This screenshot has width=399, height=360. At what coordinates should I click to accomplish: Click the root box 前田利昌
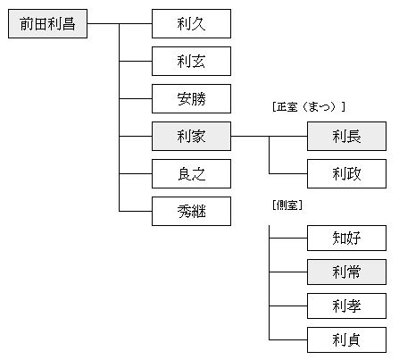tap(48, 24)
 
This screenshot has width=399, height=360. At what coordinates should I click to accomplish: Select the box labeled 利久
tap(191, 24)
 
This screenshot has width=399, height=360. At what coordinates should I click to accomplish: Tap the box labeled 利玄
tap(191, 62)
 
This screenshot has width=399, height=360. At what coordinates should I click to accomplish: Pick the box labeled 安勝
tap(191, 98)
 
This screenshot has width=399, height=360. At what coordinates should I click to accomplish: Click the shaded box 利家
tap(191, 136)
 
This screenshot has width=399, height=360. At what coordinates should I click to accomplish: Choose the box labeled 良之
tap(191, 172)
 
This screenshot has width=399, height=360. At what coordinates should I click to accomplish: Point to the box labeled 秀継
tap(191, 211)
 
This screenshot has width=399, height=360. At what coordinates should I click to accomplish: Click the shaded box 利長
tap(346, 136)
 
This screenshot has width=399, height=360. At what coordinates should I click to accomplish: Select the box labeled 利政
tap(346, 172)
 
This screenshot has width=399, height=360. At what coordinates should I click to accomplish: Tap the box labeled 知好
tap(346, 238)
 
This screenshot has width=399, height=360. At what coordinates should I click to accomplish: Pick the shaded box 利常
tap(346, 272)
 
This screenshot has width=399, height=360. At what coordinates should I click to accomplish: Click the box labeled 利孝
tap(346, 306)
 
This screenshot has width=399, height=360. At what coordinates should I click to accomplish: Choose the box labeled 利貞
tap(346, 340)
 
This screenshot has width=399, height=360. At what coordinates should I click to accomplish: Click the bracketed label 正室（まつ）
tap(308, 106)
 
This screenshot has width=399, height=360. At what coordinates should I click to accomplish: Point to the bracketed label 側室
tap(287, 206)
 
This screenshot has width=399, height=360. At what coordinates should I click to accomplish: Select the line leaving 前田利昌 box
tap(103, 24)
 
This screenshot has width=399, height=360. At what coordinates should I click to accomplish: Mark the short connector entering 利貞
tap(287, 340)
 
